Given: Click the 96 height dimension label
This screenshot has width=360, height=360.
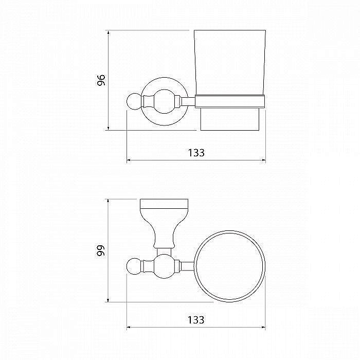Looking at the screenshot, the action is point(101,80).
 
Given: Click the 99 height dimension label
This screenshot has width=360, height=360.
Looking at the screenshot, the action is point(101,250).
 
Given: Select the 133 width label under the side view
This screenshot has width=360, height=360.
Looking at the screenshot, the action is point(196,153).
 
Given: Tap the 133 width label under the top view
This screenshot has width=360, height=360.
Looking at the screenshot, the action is point(196,320).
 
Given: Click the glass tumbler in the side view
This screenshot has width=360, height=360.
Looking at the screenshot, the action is point(230,62).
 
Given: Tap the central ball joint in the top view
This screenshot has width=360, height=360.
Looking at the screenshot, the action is point(164,266).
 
